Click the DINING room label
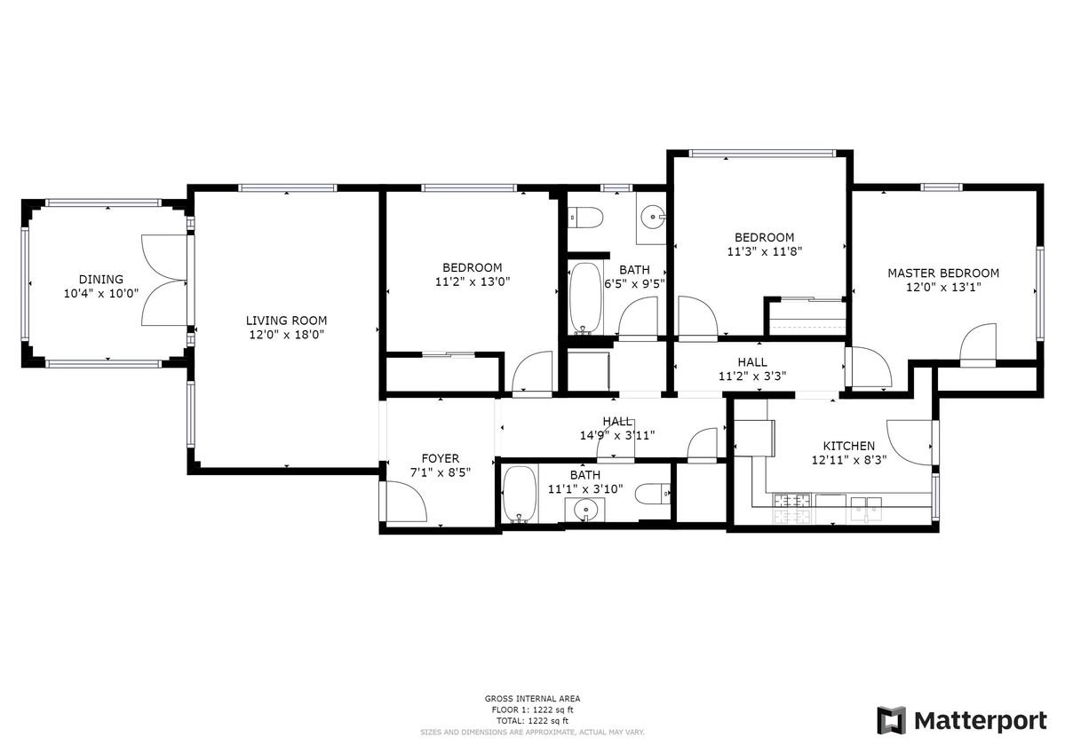click(101, 279)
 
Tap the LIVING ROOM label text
click(286, 321)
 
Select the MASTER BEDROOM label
click(943, 273)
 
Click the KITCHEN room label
click(849, 446)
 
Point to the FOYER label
click(441, 458)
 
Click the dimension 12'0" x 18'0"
click(286, 335)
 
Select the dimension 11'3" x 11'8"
click(764, 252)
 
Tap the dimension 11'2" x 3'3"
click(752, 376)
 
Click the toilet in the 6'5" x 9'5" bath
click(586, 218)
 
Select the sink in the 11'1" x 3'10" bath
click(584, 509)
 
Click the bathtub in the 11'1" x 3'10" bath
click(521, 495)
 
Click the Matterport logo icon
click(891, 720)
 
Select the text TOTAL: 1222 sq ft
click(532, 720)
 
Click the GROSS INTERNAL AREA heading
click(532, 699)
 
